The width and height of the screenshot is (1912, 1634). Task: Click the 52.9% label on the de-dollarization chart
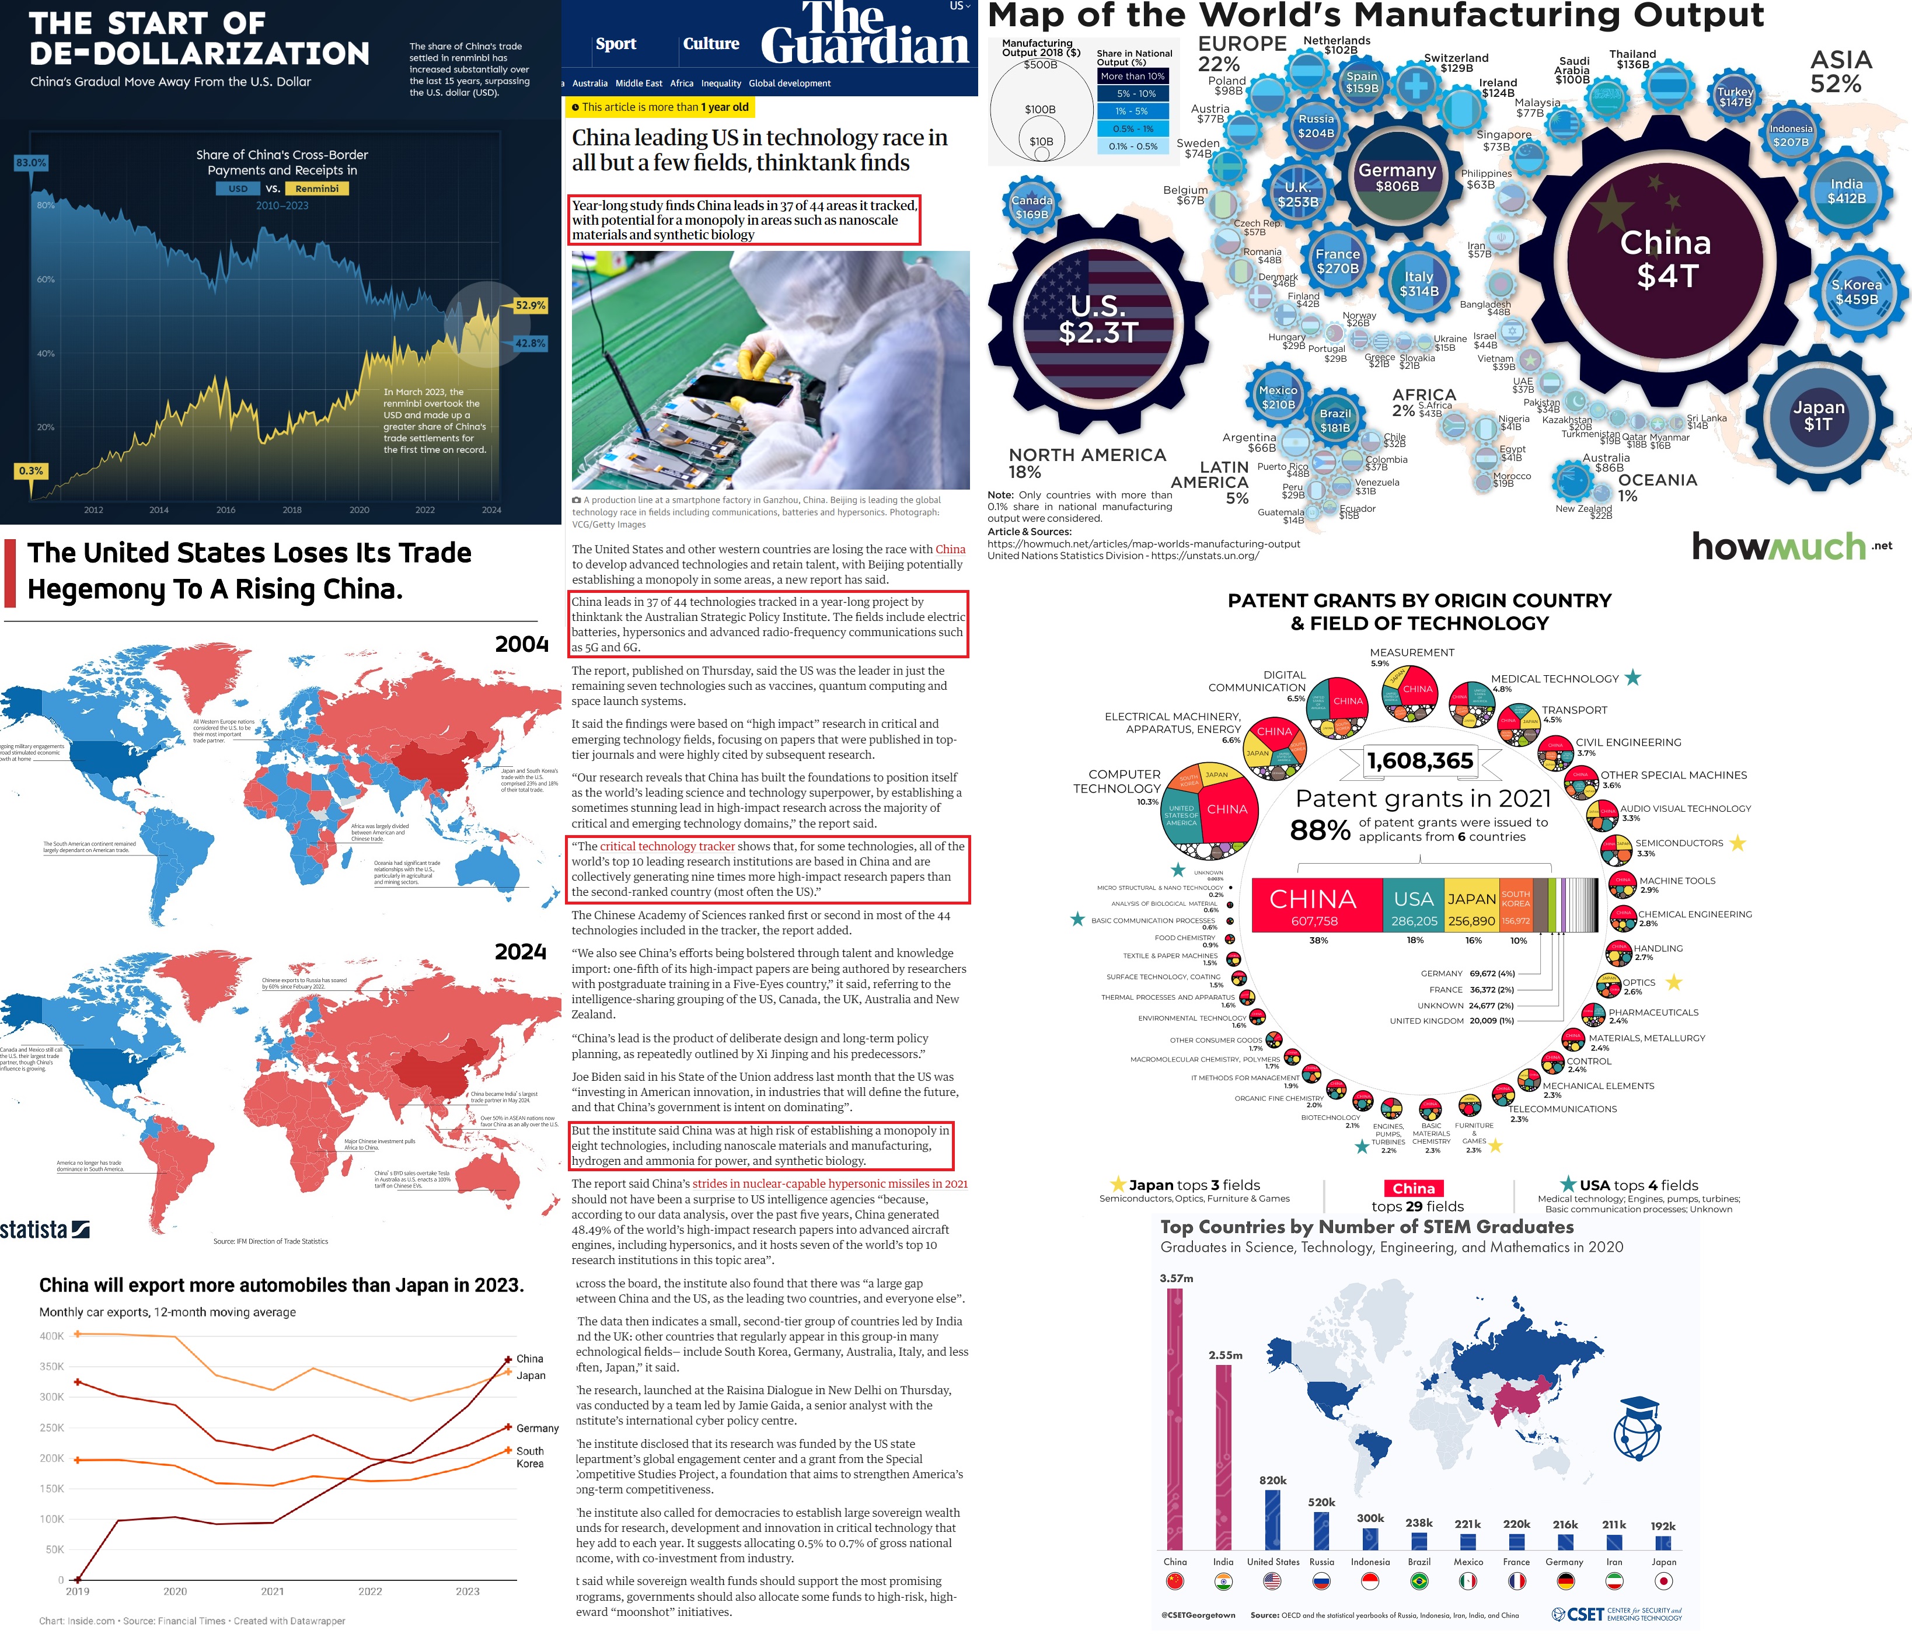coord(530,305)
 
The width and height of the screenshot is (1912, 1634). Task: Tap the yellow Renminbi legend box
coord(316,188)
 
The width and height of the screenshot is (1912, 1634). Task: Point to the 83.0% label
coord(30,162)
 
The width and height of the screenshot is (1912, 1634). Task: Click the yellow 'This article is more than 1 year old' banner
coord(660,107)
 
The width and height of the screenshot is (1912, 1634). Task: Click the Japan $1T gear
coord(1818,415)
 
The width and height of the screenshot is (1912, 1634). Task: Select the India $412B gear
coord(1847,191)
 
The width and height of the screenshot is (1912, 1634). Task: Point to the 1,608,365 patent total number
coord(1420,760)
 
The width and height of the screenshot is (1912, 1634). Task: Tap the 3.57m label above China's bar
coord(1175,1278)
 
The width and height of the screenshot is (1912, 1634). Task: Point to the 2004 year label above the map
coord(521,644)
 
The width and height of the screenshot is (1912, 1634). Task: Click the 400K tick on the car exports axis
coord(52,1335)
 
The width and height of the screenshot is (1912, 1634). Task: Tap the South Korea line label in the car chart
coord(530,1457)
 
